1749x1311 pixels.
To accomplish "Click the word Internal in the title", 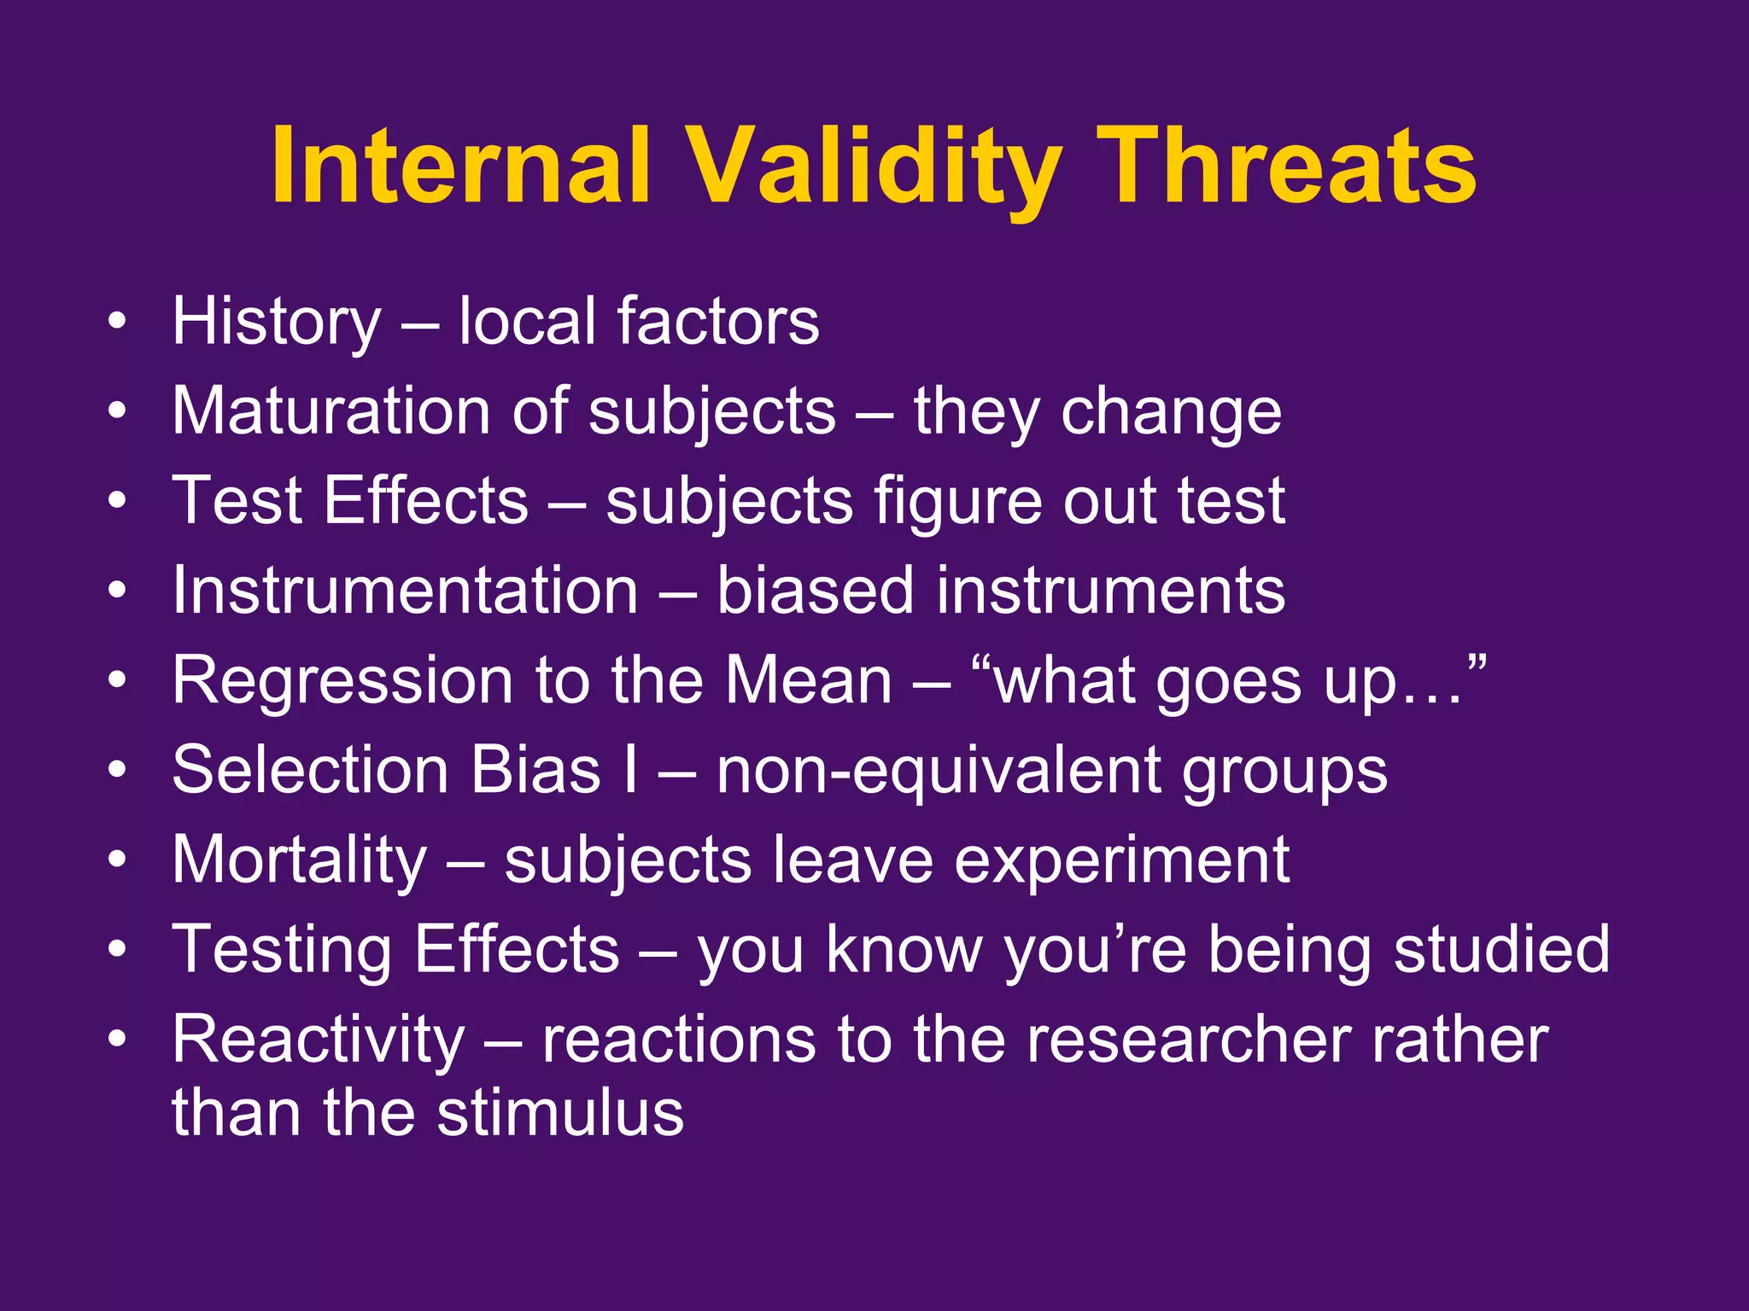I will (x=462, y=166).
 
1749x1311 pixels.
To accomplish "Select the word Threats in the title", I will (x=1286, y=166).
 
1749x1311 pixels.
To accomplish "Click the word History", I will (x=276, y=321).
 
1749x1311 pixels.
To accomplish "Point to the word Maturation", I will (x=331, y=411).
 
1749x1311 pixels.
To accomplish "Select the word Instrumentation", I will (x=405, y=591).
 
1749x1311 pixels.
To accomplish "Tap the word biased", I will (x=815, y=591).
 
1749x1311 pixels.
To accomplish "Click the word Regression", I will (x=342, y=680).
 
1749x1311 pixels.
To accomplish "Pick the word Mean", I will (x=808, y=680).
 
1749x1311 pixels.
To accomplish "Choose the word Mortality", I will (x=299, y=860).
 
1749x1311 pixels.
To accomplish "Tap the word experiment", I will (x=1121, y=860).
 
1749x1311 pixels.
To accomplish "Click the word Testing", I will (x=282, y=950).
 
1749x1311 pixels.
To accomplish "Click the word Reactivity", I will (x=318, y=1040).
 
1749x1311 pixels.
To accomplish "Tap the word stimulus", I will (x=560, y=1113).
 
